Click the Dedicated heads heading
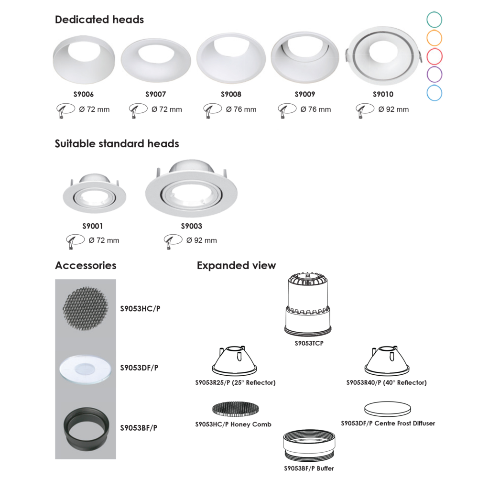click(x=99, y=20)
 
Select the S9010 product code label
click(x=383, y=94)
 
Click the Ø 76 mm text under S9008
click(x=241, y=109)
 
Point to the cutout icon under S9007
click(x=138, y=110)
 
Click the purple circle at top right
click(x=435, y=75)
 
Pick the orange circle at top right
click(x=435, y=38)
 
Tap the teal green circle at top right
click(x=435, y=20)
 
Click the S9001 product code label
click(x=93, y=226)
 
